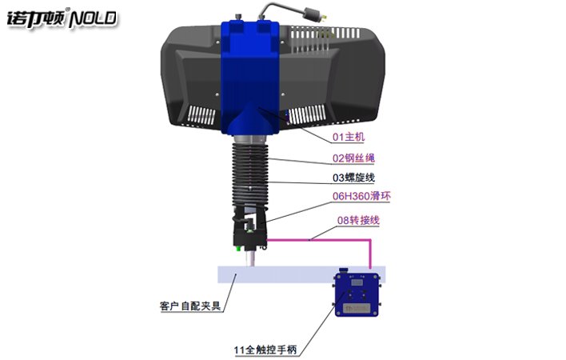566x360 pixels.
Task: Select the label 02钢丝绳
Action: (352, 158)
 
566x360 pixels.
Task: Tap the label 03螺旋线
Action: (352, 178)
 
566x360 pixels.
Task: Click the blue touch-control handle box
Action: (360, 297)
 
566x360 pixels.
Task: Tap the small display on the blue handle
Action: (358, 282)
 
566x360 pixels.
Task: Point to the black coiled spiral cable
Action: (249, 172)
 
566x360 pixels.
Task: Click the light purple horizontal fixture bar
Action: (280, 274)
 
